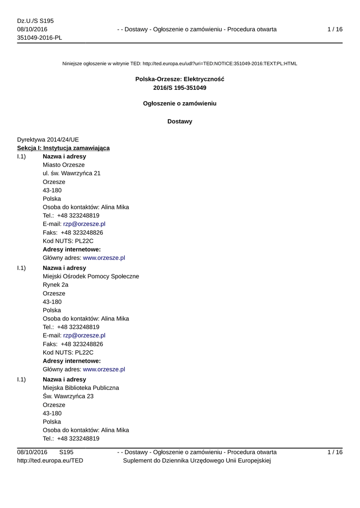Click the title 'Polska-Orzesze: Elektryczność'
180,79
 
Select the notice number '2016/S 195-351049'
180,88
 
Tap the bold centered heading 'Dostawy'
180,122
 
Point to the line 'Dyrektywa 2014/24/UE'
48,140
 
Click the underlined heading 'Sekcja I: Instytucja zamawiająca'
64,148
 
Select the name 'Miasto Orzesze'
64,165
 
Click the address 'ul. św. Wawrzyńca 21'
72,173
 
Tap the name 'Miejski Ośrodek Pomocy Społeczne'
91,276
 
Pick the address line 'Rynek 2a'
56,285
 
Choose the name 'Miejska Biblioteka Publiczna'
81,388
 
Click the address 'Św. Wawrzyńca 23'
68,396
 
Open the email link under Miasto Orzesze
84,224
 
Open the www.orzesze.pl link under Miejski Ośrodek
104,369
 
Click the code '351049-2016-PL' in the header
40,38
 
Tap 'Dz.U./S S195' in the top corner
35,21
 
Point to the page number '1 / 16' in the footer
335,452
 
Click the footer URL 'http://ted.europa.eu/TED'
50,461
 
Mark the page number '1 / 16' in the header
335,29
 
